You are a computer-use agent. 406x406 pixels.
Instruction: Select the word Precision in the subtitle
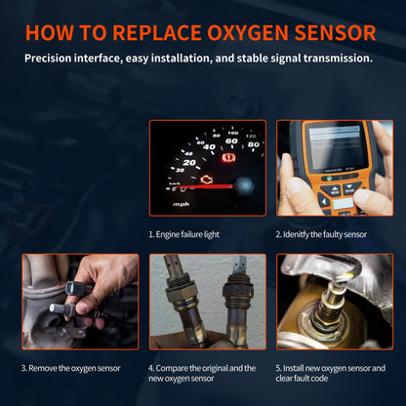55,59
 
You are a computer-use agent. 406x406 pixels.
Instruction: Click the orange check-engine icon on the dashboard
208,181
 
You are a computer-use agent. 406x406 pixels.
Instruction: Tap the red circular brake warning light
228,157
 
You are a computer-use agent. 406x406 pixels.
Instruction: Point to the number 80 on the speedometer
253,144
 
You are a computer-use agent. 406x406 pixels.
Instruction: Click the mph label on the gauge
182,204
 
